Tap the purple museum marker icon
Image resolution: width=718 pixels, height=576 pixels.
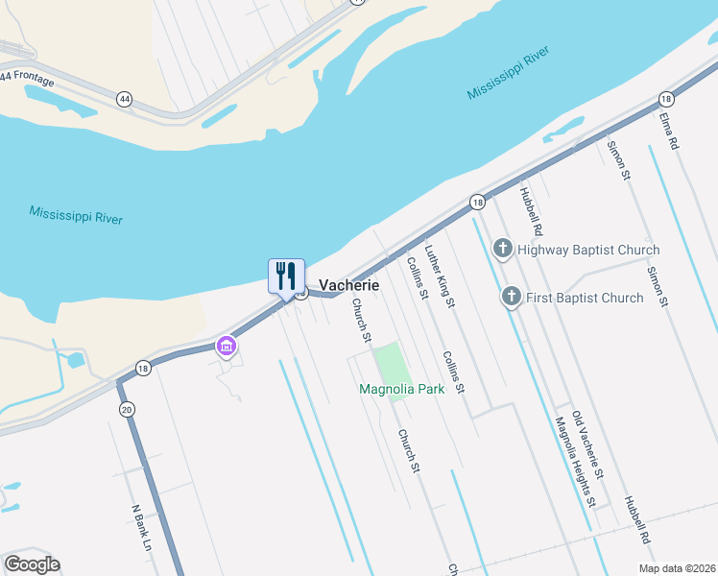click(227, 346)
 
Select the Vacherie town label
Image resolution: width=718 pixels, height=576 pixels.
click(348, 286)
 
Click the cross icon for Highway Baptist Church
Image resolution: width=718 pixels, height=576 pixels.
click(502, 250)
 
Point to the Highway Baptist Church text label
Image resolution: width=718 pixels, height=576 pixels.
click(587, 251)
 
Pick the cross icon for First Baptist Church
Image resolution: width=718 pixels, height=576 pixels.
click(512, 297)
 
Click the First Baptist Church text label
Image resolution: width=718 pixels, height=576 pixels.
click(585, 298)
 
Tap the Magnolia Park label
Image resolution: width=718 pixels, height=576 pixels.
click(401, 390)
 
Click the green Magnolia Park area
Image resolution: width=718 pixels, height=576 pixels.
click(390, 363)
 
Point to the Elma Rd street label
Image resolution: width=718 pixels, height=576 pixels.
click(669, 131)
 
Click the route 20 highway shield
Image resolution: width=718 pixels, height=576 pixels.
click(127, 410)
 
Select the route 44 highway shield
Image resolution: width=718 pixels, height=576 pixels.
click(124, 99)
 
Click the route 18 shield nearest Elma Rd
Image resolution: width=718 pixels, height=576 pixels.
click(665, 99)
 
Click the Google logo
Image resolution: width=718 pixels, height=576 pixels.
click(32, 564)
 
